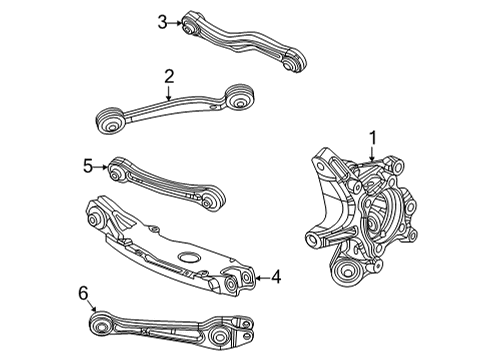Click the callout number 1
pos(372,138)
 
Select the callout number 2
pos(169,76)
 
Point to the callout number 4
pos(276,277)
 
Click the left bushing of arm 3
pos(191,23)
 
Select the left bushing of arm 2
pos(111,122)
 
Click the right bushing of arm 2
pos(238,98)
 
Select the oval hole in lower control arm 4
pos(189,257)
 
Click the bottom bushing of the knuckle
pos(351,270)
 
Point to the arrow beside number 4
pos(260,277)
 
